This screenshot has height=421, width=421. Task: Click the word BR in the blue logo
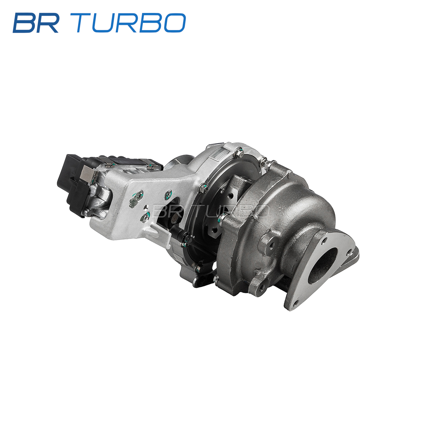coord(36,23)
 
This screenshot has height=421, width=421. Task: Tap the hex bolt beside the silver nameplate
coord(240,153)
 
